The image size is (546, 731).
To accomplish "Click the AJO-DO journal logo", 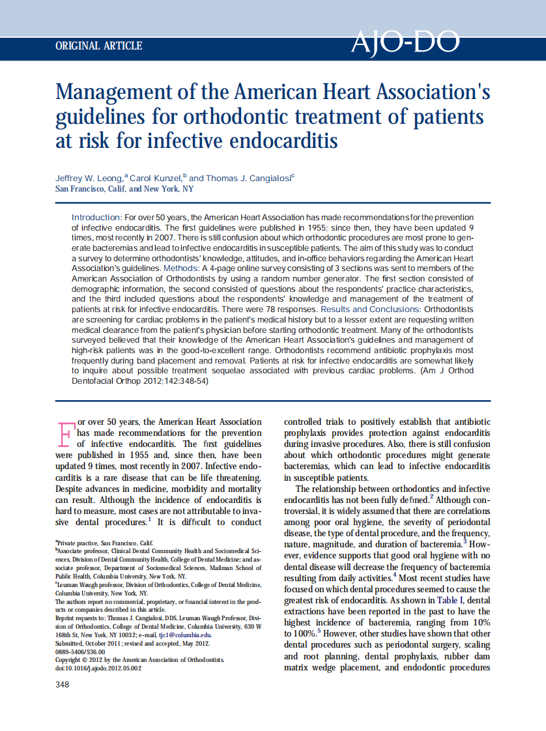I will [405, 43].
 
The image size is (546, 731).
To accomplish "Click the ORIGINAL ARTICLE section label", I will [99, 46].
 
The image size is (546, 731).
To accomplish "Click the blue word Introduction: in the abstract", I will [96, 217].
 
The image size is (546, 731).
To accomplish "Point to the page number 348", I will [63, 684].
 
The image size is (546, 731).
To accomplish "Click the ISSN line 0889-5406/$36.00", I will [80, 652].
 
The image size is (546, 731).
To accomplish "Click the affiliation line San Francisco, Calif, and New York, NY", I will [124, 189].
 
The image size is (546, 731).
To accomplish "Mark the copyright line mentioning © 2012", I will [139, 660].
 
